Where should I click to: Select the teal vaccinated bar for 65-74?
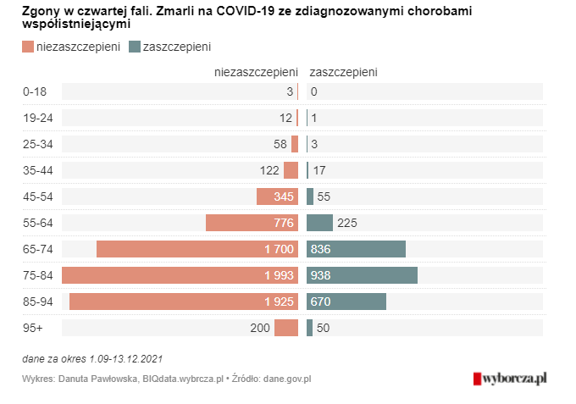pyautogui.click(x=356, y=249)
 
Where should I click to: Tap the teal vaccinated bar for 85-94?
pyautogui.click(x=346, y=302)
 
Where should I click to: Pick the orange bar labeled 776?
pyautogui.click(x=252, y=223)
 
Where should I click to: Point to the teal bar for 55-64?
pyautogui.click(x=319, y=223)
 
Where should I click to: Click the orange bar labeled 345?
pyautogui.click(x=277, y=196)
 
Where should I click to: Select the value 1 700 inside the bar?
pyautogui.click(x=278, y=250)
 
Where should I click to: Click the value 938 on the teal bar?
pyautogui.click(x=322, y=276)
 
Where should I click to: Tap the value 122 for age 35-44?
pyautogui.click(x=269, y=170)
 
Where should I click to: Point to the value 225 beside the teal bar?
pyautogui.click(x=348, y=224)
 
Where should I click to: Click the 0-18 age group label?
pyautogui.click(x=36, y=91)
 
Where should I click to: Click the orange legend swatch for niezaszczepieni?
pyautogui.click(x=28, y=47)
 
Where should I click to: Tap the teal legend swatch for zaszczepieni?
pyautogui.click(x=136, y=47)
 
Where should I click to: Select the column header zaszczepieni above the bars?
pyautogui.click(x=344, y=73)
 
